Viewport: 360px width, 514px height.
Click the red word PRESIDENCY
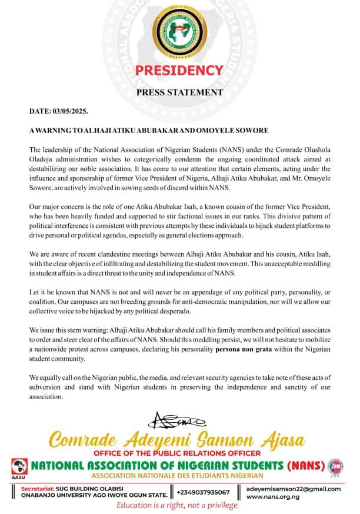(x=179, y=71)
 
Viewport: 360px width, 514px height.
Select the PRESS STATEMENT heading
(x=179, y=92)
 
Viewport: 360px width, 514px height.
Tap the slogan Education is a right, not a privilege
(x=177, y=506)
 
